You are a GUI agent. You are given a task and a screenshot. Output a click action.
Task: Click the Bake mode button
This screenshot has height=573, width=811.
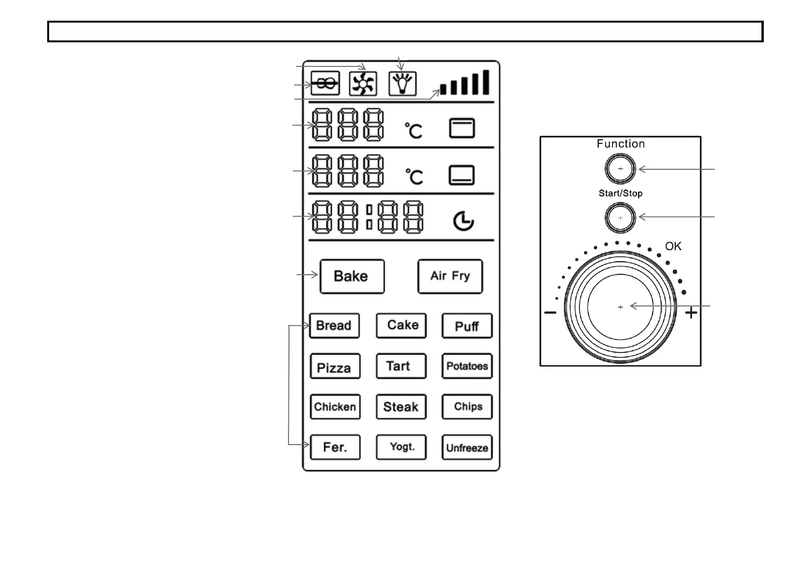[x=352, y=276]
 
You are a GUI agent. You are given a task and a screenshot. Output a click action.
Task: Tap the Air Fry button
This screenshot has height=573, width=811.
[x=450, y=276]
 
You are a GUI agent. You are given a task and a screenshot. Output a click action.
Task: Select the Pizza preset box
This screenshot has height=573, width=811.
[x=335, y=367]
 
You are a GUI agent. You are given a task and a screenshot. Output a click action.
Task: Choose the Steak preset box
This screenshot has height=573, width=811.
[x=401, y=407]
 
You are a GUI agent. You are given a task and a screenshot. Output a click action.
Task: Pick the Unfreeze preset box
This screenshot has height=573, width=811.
[x=467, y=447]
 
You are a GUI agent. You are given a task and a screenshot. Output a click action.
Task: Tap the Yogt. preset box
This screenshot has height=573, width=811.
[x=401, y=447]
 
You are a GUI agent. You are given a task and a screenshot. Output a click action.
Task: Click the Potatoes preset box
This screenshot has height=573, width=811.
[x=467, y=367]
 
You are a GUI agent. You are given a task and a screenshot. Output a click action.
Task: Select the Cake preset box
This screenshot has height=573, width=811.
[x=401, y=326]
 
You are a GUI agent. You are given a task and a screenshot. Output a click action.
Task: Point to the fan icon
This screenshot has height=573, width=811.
[x=363, y=84]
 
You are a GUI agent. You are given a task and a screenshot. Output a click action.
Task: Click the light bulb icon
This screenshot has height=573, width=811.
[x=403, y=84]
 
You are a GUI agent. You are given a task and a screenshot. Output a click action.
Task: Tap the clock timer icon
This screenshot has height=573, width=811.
[x=463, y=221]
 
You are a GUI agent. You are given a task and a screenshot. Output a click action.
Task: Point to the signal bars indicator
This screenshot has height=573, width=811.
[x=465, y=83]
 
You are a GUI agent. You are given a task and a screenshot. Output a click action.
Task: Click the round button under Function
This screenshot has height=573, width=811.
[x=620, y=169]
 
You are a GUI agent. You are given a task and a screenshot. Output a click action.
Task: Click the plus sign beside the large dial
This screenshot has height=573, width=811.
[x=691, y=313]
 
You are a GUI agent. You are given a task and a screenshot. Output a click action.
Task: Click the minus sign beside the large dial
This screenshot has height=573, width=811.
[x=550, y=313]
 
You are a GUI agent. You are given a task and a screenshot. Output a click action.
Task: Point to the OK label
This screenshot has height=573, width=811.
[x=673, y=246]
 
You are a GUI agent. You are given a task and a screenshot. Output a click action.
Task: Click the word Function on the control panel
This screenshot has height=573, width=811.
[x=620, y=144]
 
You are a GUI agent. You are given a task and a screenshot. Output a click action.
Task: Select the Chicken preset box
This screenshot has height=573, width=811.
[x=335, y=407]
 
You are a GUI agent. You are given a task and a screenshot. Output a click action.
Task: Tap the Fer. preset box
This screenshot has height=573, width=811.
[x=335, y=447]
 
